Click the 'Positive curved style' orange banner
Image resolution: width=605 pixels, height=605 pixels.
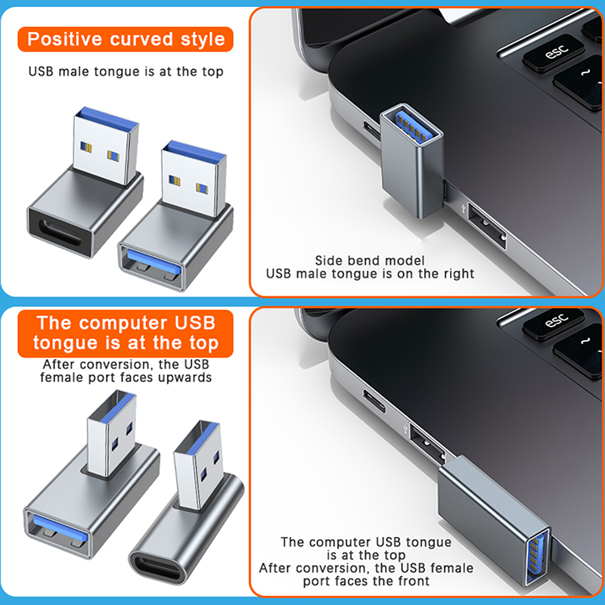(126, 39)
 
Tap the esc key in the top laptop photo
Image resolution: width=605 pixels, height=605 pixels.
(553, 52)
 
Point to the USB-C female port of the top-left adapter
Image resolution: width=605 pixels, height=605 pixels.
(60, 234)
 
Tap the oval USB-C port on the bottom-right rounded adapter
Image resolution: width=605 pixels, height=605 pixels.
(158, 568)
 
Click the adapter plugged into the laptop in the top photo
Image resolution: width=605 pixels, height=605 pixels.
(412, 160)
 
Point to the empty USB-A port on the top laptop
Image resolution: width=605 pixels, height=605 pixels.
(487, 225)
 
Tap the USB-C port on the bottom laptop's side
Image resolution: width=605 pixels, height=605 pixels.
(374, 402)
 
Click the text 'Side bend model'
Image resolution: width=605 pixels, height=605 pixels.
(370, 260)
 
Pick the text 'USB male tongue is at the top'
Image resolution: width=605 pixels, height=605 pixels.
(126, 72)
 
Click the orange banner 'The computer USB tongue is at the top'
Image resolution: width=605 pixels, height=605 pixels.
(126, 334)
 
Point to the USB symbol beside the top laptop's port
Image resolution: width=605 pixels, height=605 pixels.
(464, 208)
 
